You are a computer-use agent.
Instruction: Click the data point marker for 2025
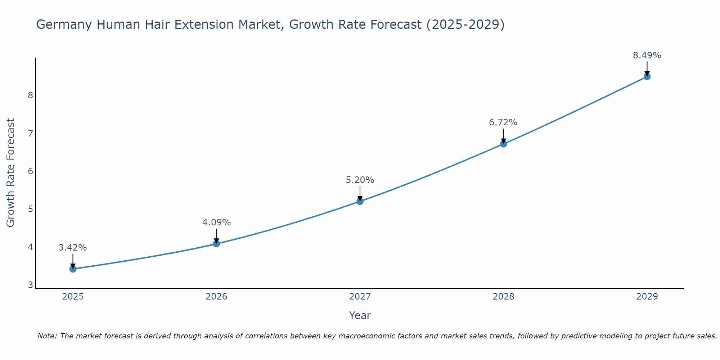click(x=73, y=269)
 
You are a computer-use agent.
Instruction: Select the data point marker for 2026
click(x=216, y=244)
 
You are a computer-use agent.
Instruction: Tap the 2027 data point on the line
click(x=360, y=201)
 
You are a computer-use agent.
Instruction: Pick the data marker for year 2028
click(x=503, y=144)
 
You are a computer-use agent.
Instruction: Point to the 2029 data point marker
click(x=647, y=77)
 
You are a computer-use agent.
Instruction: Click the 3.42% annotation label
click(x=73, y=248)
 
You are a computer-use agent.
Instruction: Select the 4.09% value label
click(x=216, y=222)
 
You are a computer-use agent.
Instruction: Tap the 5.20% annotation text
click(x=360, y=180)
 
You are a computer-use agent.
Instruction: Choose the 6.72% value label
click(x=503, y=122)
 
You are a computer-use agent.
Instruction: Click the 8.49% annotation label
click(x=647, y=55)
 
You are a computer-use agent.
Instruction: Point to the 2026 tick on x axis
click(x=216, y=297)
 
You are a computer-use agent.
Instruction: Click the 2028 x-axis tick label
click(x=503, y=297)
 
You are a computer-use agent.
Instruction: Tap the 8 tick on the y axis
click(x=30, y=95)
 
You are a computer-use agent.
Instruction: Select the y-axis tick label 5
click(x=30, y=209)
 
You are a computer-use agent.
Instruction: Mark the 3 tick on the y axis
click(x=30, y=285)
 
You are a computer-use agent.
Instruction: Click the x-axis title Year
click(x=360, y=315)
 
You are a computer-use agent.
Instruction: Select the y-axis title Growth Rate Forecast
click(x=11, y=173)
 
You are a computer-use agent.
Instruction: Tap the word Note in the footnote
click(x=46, y=336)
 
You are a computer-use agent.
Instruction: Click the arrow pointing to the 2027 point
click(x=360, y=193)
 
